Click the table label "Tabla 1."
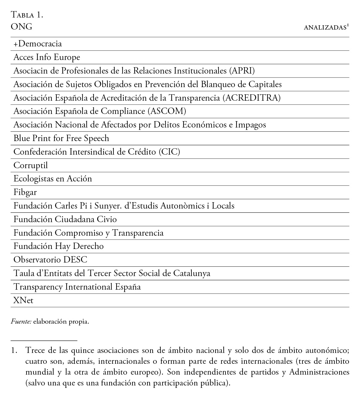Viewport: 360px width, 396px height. coord(27,15)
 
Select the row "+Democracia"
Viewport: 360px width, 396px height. coord(38,44)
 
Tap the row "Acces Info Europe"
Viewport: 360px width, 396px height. coord(47,57)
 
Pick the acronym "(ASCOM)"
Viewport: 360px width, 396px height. coord(167,111)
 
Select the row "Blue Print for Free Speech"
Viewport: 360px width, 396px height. coord(61,138)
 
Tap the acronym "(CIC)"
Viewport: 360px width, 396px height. coord(169,152)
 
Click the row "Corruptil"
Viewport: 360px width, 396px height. coord(30,165)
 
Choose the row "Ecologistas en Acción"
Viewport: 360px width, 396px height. coord(53,179)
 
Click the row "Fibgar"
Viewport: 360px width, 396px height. coord(25,192)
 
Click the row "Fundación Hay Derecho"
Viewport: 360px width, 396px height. coord(58,246)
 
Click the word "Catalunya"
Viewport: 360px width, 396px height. coord(192,273)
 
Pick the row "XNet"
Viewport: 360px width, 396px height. coord(23,300)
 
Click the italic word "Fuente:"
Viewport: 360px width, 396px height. coord(21,322)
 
